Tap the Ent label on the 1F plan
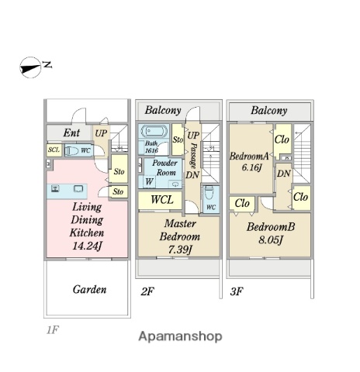[71, 133]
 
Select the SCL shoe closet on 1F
[54, 150]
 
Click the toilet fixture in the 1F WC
[71, 150]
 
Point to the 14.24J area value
[87, 246]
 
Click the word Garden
[89, 289]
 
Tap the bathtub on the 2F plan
[154, 131]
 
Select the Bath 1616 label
[151, 146]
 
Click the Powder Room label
[164, 167]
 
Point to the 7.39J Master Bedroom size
[180, 250]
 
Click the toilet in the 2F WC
[209, 193]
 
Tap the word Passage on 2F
[193, 156]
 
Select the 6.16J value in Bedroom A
[251, 167]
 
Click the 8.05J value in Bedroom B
[270, 240]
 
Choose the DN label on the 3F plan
[284, 174]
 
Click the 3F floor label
[237, 291]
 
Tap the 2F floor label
[147, 291]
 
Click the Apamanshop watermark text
[180, 336]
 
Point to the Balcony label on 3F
[269, 111]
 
